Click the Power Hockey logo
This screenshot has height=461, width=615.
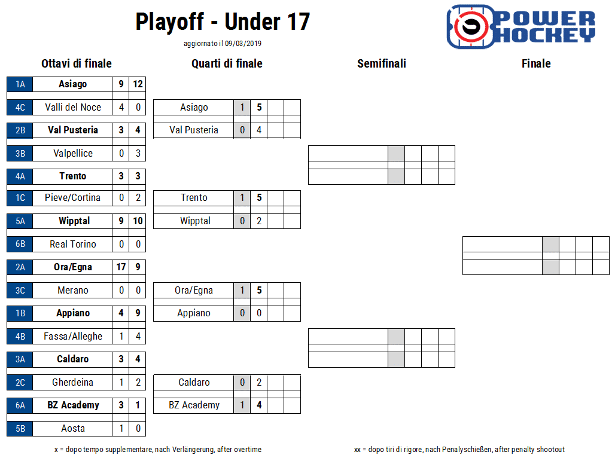pos(521,27)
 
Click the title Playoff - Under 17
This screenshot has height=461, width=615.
pos(223,22)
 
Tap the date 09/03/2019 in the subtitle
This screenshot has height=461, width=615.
pos(243,44)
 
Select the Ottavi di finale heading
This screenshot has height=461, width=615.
pos(77,63)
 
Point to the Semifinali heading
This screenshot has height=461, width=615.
pos(382,63)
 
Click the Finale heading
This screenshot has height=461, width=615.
pos(536,63)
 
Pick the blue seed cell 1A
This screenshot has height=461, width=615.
pos(20,84)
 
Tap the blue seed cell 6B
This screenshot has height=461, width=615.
pos(20,244)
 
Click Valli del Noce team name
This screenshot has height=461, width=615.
pos(73,108)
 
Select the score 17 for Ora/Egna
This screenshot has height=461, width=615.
pos(121,267)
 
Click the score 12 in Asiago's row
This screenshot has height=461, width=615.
pos(138,84)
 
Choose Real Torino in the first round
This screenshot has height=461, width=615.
pos(73,244)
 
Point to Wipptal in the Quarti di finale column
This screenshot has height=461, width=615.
pos(195,221)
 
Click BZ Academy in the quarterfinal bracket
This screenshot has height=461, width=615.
pos(194,405)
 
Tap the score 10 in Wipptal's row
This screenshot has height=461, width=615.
pos(138,221)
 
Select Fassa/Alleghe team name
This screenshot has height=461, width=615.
pos(73,337)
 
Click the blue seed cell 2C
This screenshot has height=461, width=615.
pos(20,382)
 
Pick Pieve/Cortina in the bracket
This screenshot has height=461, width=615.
pos(72,197)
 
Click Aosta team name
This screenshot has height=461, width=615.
pos(73,429)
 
